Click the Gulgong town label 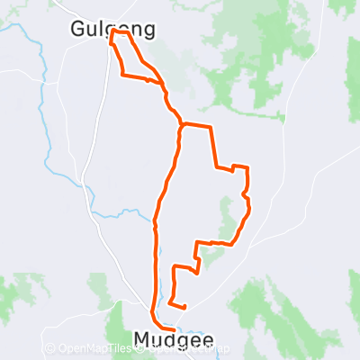click(x=112, y=30)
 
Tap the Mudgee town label click(x=174, y=340)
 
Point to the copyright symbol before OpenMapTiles click(x=49, y=348)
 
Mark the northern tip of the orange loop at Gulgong click(x=113, y=32)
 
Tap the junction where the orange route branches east click(x=183, y=124)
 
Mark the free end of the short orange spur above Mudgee click(x=184, y=307)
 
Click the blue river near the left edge click(x=40, y=99)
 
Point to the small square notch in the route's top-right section click(x=240, y=167)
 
